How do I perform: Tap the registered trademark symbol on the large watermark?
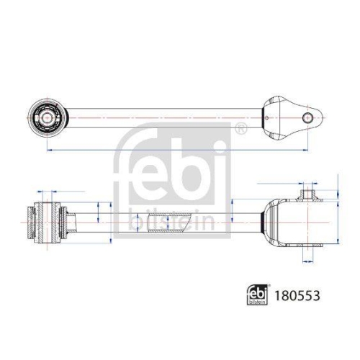coord(240,130)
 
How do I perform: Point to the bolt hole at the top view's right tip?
coord(307,117)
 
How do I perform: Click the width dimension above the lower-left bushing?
coord(46,193)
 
